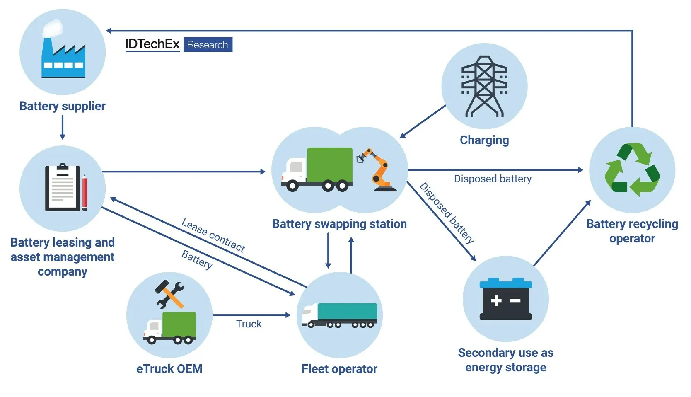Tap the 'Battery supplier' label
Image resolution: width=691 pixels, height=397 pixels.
(62, 106)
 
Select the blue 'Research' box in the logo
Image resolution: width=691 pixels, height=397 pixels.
(208, 45)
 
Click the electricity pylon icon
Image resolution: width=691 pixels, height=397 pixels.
(484, 86)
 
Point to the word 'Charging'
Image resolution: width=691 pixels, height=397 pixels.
(484, 140)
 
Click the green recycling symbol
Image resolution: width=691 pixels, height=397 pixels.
(632, 169)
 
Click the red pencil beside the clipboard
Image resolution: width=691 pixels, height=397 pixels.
(85, 193)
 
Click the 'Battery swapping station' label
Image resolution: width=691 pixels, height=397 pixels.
(339, 224)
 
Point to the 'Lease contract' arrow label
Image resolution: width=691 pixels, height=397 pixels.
(213, 235)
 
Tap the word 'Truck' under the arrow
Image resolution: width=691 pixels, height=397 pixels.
(249, 324)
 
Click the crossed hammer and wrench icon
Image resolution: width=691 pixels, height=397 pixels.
(169, 294)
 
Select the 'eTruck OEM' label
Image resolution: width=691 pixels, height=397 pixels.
(169, 369)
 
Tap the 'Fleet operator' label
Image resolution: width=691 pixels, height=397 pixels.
(339, 369)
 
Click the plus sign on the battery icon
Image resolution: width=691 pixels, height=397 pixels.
(496, 300)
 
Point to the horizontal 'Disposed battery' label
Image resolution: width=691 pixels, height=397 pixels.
(493, 179)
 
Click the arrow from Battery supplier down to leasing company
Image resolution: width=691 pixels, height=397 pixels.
(63, 127)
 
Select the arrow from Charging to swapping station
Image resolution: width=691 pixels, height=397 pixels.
(423, 121)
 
